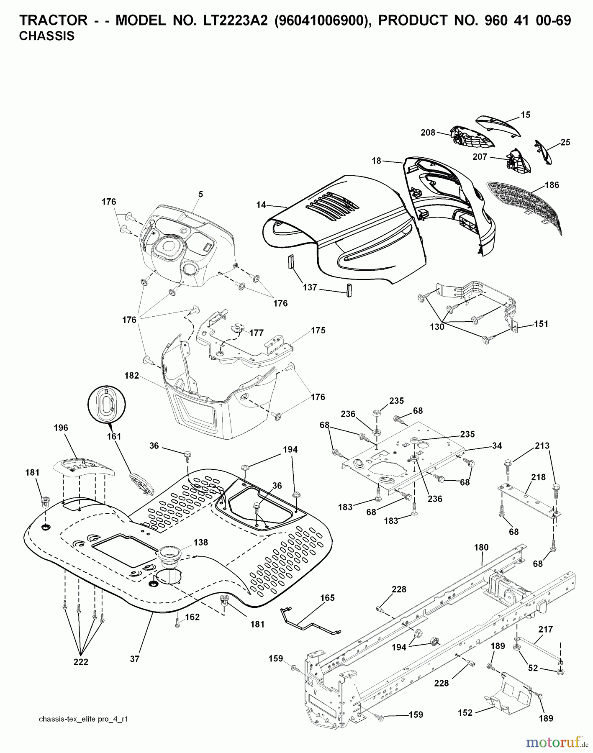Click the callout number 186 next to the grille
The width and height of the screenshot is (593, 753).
(552, 185)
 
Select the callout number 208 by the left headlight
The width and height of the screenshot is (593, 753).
(428, 133)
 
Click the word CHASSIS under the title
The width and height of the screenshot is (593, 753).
(47, 36)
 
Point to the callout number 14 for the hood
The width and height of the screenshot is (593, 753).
(261, 205)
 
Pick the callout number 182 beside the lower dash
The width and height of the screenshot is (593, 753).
(131, 376)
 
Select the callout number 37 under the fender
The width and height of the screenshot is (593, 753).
(134, 659)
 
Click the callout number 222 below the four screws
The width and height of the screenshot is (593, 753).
(81, 662)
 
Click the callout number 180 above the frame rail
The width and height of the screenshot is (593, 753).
(481, 547)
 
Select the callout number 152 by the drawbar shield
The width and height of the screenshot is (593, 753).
(465, 712)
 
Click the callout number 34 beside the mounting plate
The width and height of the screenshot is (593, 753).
(497, 446)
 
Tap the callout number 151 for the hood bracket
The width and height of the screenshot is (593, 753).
(541, 324)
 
